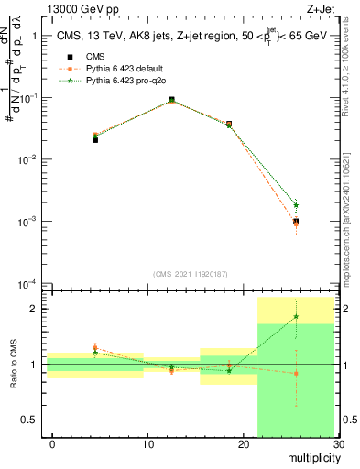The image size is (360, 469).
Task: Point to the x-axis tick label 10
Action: pyautogui.click(x=147, y=444)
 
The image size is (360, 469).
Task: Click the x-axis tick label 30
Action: pyautogui.click(x=338, y=444)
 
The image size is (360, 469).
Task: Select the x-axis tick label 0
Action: pyautogui.click(x=52, y=444)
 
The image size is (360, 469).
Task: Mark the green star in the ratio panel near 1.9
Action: pyautogui.click(x=296, y=317)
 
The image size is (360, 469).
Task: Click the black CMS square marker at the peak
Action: pyautogui.click(x=172, y=100)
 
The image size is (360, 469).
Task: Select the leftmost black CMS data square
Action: pyautogui.click(x=95, y=139)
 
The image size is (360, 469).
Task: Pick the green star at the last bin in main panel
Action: pyautogui.click(x=296, y=205)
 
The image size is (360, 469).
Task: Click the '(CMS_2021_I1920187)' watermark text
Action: pyautogui.click(x=191, y=273)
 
